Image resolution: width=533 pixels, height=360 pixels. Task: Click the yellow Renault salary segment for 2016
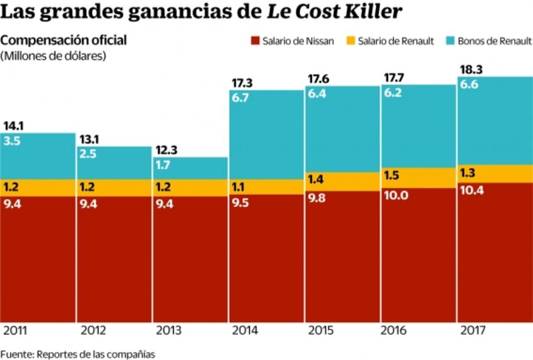tap(418, 177)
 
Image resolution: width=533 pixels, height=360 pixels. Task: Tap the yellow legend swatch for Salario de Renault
tap(351, 41)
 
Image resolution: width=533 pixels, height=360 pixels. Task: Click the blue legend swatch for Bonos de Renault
tap(450, 41)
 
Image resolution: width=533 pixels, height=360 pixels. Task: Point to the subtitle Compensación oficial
tap(63, 41)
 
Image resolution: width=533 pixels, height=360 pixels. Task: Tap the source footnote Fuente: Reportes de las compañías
tap(78, 354)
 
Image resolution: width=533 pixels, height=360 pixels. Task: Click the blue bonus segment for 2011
tap(38, 156)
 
